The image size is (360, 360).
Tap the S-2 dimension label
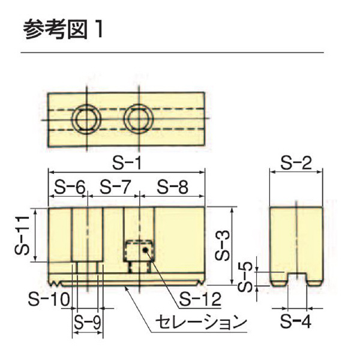click(296, 162)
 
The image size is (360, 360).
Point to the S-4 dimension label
click(296, 321)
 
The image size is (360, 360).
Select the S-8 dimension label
click(172, 187)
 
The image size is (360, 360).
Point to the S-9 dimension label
click(87, 322)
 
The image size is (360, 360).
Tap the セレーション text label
click(200, 322)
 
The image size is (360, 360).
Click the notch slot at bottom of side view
click(296, 278)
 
